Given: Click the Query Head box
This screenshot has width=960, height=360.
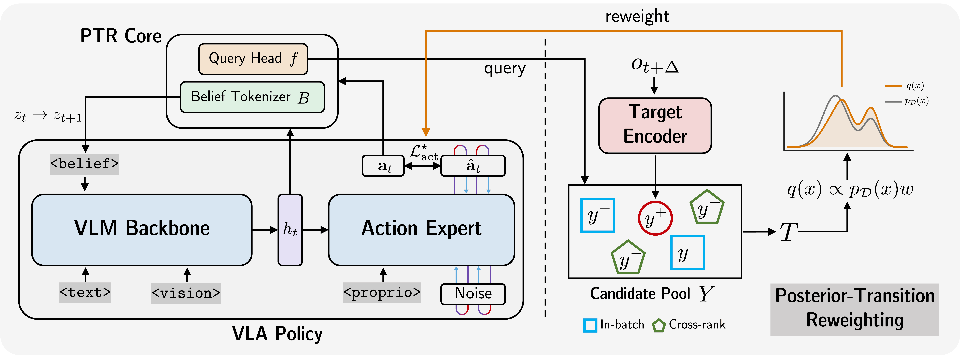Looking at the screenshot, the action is [253, 59].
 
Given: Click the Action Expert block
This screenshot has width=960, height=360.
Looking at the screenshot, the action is [421, 230].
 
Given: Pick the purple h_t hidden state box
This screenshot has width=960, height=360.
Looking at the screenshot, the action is [290, 230].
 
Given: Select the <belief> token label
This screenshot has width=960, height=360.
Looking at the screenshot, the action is [85, 164].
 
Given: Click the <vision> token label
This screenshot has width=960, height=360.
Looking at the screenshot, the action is [186, 293].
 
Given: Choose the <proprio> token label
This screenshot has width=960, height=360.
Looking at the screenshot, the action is [382, 293].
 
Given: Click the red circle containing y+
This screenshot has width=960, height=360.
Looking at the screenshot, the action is [655, 218].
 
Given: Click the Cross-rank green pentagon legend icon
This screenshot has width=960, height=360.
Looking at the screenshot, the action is [658, 325].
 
